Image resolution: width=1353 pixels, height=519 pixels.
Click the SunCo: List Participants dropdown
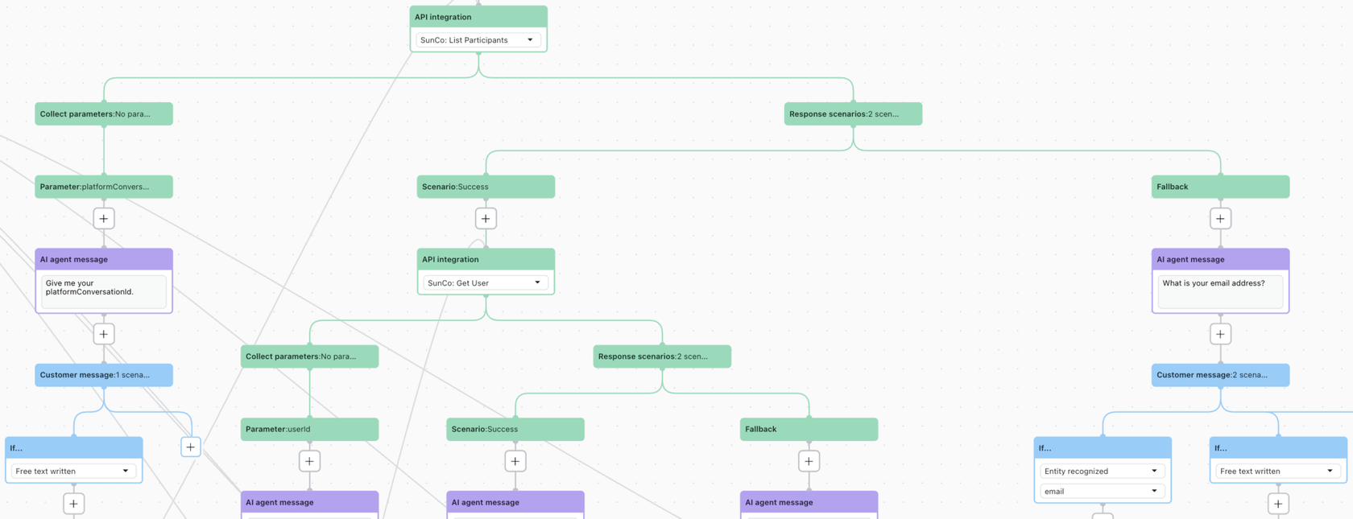click(x=478, y=40)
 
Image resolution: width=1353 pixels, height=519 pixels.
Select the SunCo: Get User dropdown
click(x=485, y=283)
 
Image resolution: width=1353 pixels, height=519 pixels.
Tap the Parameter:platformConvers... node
click(x=104, y=187)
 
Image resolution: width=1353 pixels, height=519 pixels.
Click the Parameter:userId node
click(x=309, y=429)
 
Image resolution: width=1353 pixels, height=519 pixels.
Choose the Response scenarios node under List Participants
click(x=853, y=114)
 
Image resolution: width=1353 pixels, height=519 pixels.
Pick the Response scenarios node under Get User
click(x=662, y=356)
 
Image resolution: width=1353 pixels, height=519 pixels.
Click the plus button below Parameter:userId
click(x=309, y=461)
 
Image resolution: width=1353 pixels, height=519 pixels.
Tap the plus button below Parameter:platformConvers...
click(x=104, y=219)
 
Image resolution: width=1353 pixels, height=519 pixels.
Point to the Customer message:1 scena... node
click(x=104, y=375)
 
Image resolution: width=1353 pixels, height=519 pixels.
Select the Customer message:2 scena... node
click(x=1220, y=375)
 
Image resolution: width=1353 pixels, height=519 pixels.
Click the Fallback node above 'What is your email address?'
click(x=1220, y=187)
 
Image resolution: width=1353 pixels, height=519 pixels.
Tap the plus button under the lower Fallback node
click(x=809, y=461)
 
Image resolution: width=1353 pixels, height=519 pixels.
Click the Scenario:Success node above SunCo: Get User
click(x=486, y=187)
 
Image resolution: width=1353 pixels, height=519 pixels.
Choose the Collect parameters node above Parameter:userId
click(x=309, y=356)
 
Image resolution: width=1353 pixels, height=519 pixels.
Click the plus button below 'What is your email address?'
click(x=1220, y=334)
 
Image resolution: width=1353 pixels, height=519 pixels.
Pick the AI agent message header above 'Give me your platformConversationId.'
click(x=104, y=259)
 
